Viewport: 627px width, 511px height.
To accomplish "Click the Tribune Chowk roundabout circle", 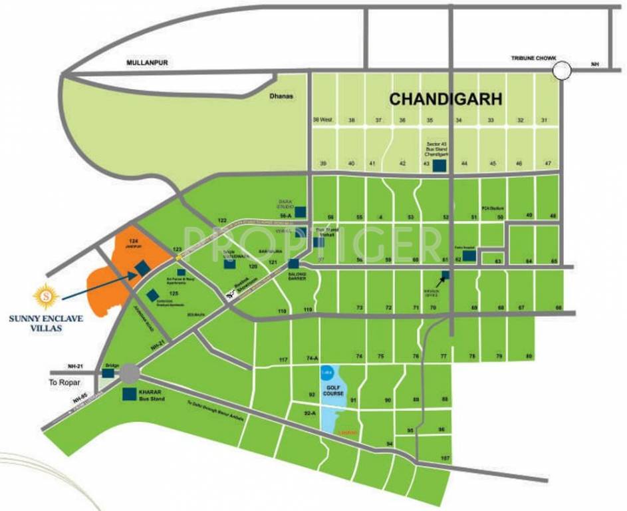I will point(564,69).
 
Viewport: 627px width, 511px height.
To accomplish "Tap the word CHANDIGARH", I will point(445,99).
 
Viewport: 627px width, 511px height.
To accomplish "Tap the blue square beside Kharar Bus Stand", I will point(129,395).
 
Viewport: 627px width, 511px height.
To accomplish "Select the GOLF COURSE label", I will point(332,389).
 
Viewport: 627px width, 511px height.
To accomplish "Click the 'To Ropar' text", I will point(64,383).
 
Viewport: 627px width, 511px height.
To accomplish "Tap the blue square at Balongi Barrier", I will point(293,263).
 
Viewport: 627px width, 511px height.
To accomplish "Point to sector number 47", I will point(547,164).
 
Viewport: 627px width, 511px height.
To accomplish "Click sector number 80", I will point(529,357).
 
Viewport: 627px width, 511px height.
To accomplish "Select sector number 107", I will point(445,458).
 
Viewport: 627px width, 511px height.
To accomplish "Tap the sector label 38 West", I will point(322,120).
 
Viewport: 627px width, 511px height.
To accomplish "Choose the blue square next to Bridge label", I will point(108,373).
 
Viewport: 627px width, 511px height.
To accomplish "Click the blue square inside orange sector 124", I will point(142,267).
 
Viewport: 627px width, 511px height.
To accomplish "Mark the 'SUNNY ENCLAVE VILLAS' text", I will point(46,323).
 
